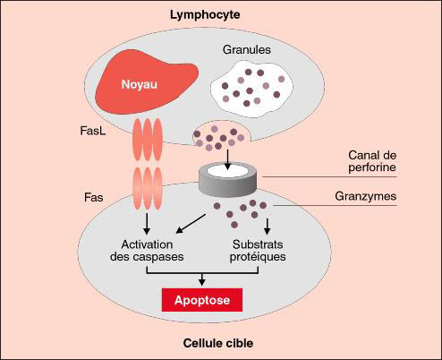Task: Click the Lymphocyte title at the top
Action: pyautogui.click(x=205, y=15)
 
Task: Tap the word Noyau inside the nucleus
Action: pyautogui.click(x=140, y=84)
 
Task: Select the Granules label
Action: pyautogui.click(x=247, y=49)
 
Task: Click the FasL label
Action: pyautogui.click(x=93, y=131)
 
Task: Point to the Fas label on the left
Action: pyautogui.click(x=94, y=197)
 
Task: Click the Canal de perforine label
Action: pyautogui.click(x=372, y=161)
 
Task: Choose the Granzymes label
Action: pyautogui.click(x=366, y=196)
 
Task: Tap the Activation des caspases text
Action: pyautogui.click(x=147, y=251)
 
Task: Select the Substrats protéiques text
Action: pyautogui.click(x=258, y=251)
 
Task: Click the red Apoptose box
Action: pyautogui.click(x=202, y=300)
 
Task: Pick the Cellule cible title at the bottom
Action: pyautogui.click(x=218, y=343)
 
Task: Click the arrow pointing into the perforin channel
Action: pyautogui.click(x=227, y=159)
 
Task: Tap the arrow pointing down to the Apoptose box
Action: pyautogui.click(x=202, y=279)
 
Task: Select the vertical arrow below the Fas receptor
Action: pyautogui.click(x=147, y=224)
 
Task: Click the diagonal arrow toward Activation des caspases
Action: pyautogui.click(x=191, y=223)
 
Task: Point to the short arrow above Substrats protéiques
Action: pyautogui.click(x=268, y=227)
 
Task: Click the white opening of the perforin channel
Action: pyautogui.click(x=227, y=171)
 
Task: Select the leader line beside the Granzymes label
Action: pyautogui.click(x=335, y=205)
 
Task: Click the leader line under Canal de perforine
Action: pyautogui.click(x=329, y=176)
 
